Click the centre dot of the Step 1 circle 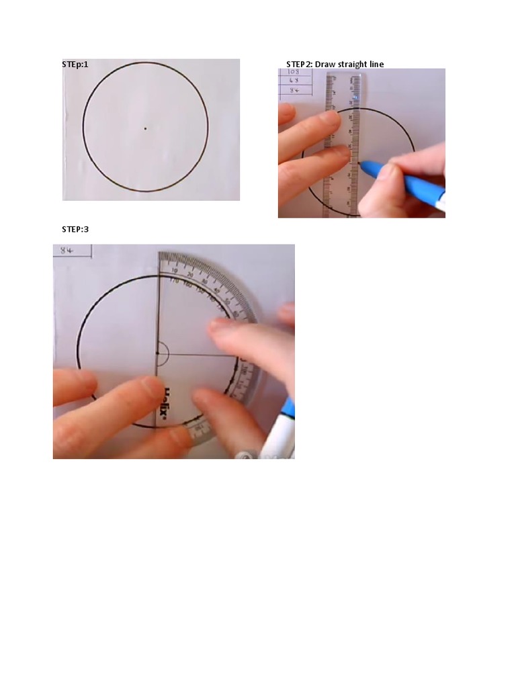[x=145, y=128]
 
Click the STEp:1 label [x=75, y=64]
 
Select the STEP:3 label [x=75, y=230]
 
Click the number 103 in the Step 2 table [x=293, y=72]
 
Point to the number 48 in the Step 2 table [x=293, y=81]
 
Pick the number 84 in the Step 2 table [x=294, y=89]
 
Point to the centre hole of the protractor [x=158, y=353]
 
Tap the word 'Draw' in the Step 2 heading [x=325, y=64]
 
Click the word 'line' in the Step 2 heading [x=376, y=64]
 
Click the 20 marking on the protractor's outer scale [x=190, y=274]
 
